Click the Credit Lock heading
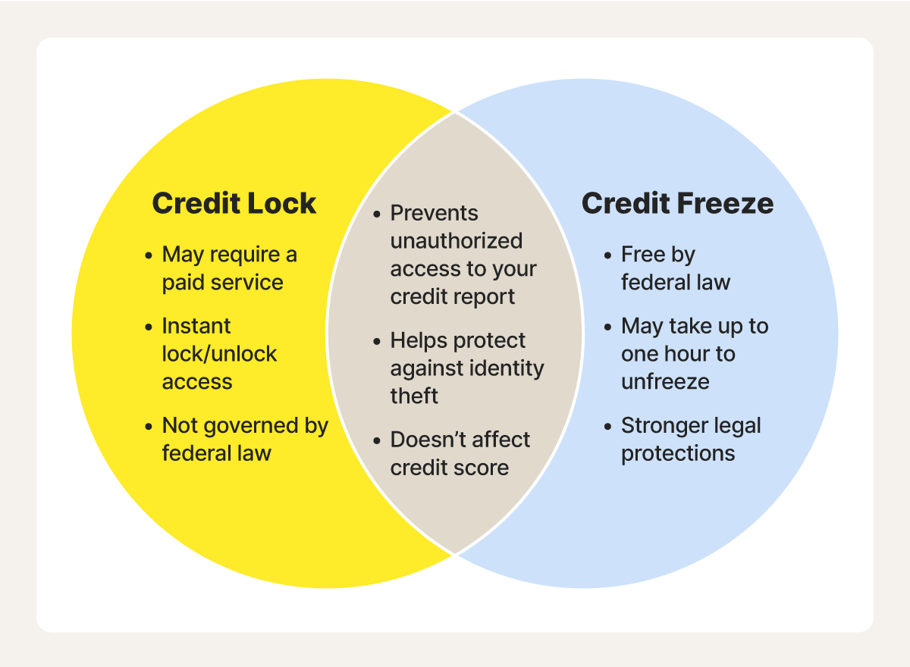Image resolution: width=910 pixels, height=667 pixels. (x=234, y=203)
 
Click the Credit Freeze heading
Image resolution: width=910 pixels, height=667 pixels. (x=678, y=203)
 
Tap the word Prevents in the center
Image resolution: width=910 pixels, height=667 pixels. (x=434, y=213)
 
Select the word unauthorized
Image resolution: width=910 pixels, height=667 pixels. (x=457, y=241)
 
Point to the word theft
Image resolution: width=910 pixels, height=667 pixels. (x=414, y=396)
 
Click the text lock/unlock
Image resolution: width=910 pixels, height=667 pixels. (x=219, y=353)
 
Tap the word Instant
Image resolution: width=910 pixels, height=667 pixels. (x=196, y=326)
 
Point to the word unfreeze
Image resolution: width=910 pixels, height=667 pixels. (x=666, y=381)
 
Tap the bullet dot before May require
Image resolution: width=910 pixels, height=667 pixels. (x=149, y=255)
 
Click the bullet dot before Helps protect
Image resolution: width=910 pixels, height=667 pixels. (x=377, y=341)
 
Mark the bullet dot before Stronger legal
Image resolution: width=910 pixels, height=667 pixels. (x=607, y=427)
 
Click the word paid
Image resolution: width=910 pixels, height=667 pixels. (x=182, y=283)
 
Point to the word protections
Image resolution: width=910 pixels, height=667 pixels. (x=678, y=453)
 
